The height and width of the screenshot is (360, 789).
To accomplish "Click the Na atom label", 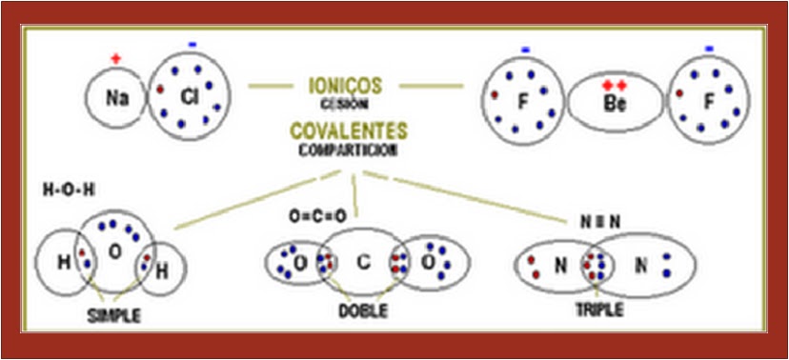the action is click(x=117, y=97).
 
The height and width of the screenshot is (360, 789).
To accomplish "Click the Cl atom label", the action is click(x=188, y=95).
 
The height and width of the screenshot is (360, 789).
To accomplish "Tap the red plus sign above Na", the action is click(x=116, y=59).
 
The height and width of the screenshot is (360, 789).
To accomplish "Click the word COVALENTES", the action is click(x=349, y=130).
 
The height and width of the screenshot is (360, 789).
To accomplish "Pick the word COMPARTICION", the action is click(x=346, y=150).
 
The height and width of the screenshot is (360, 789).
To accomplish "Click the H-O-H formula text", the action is click(x=70, y=189).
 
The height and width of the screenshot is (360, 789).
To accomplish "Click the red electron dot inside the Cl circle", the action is click(x=161, y=91).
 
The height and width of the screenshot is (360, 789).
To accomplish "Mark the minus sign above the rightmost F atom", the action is click(x=709, y=49).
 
